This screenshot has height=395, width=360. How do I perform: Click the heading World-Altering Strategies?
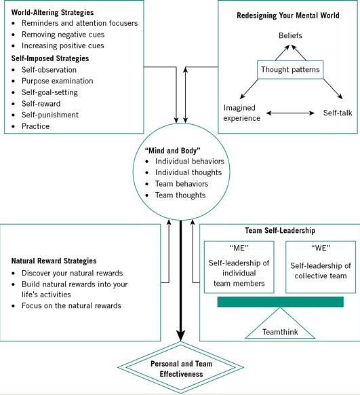pos(52,12)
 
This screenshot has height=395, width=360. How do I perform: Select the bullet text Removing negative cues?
pos(63,35)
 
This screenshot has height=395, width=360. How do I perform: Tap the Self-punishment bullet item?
pos(50,115)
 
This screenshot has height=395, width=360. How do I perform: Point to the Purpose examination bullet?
pos(58,81)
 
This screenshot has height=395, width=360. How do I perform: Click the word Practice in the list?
pos(35,126)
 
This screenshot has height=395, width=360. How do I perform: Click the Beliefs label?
pos(290,35)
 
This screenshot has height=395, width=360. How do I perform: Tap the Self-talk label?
pos(338,113)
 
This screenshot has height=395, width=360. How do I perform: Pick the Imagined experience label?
pos(242,113)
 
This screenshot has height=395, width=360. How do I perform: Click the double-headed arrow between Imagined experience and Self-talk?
pos(290,113)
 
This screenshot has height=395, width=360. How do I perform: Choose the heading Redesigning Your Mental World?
pos(288,16)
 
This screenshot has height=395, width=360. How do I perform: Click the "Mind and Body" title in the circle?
pos(173,151)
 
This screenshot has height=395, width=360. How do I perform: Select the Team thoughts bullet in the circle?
pos(180,195)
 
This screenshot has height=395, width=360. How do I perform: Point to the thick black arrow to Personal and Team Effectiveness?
pos(180,281)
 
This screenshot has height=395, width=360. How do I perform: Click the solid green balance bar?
pos(280,302)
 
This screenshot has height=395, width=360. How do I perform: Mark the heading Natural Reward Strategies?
pos(54,261)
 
